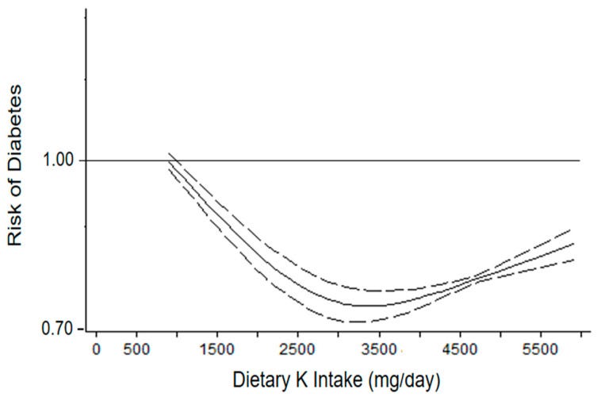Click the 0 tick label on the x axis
tap(96, 349)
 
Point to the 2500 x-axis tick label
tap(298, 349)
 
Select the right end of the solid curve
tap(572, 244)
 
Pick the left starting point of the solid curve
tap(167, 161)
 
